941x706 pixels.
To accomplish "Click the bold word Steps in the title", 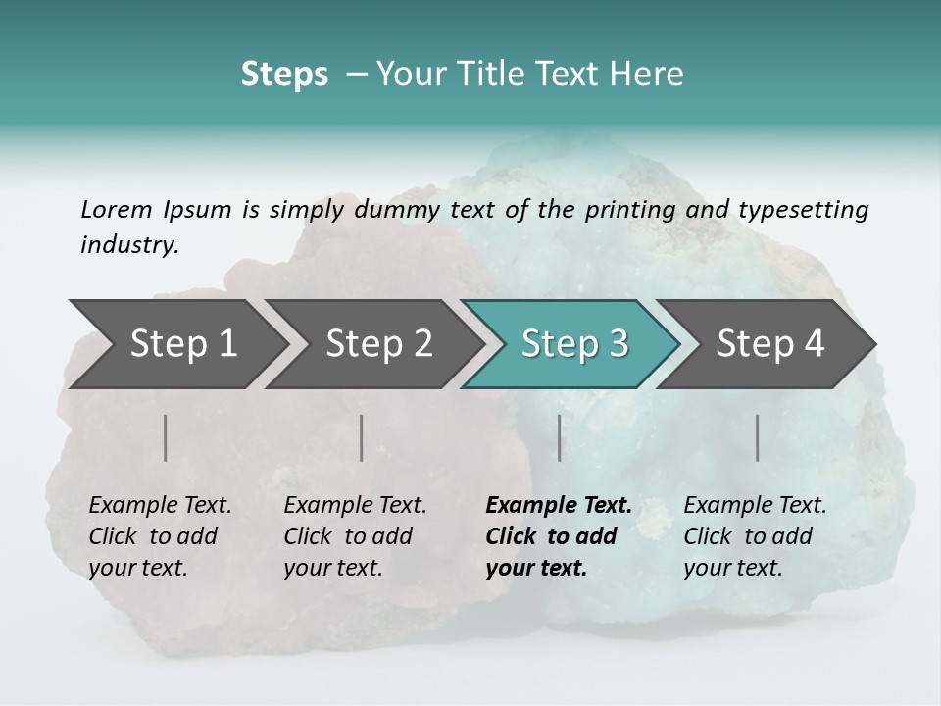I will (x=284, y=74).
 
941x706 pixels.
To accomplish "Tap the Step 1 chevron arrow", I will (x=176, y=343).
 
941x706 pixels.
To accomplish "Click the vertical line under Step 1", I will (x=166, y=437).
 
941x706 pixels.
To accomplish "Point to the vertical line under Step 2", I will (x=362, y=437).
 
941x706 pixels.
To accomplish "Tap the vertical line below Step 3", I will (x=560, y=437).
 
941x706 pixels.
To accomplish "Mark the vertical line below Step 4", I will (x=758, y=437).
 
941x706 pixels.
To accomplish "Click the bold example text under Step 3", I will (x=557, y=536).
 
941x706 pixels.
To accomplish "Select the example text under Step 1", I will (x=160, y=536).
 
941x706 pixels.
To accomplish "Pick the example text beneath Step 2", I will (x=355, y=536).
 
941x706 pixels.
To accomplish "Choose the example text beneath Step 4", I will (x=755, y=536).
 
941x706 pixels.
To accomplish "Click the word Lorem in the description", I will (x=117, y=209).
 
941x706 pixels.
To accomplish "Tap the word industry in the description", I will (x=129, y=244).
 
